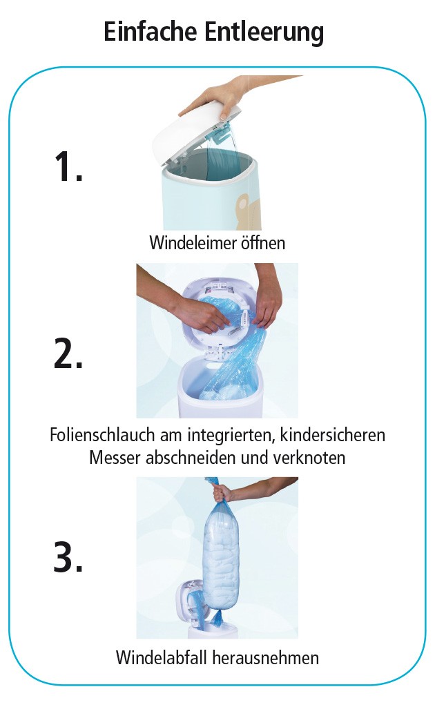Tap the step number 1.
tap(68, 166)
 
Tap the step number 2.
tap(68, 354)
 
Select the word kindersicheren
tap(332, 435)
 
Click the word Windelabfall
tap(162, 657)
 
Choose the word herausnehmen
tap(266, 657)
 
